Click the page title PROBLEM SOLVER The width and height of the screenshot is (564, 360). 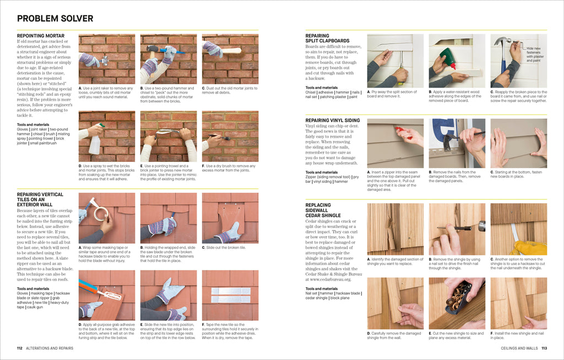55,19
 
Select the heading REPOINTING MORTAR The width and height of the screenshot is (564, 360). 41,36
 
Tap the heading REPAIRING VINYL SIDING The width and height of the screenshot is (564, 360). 333,120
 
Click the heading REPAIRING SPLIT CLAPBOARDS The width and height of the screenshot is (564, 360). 327,38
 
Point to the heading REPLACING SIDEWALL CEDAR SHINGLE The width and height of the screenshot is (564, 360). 324,210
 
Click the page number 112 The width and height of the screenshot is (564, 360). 20,348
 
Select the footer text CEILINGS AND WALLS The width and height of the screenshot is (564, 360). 519,348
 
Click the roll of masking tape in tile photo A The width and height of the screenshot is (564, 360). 100,212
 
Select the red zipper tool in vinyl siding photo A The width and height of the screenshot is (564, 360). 403,132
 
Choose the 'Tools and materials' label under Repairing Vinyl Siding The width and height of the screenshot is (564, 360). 322,172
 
